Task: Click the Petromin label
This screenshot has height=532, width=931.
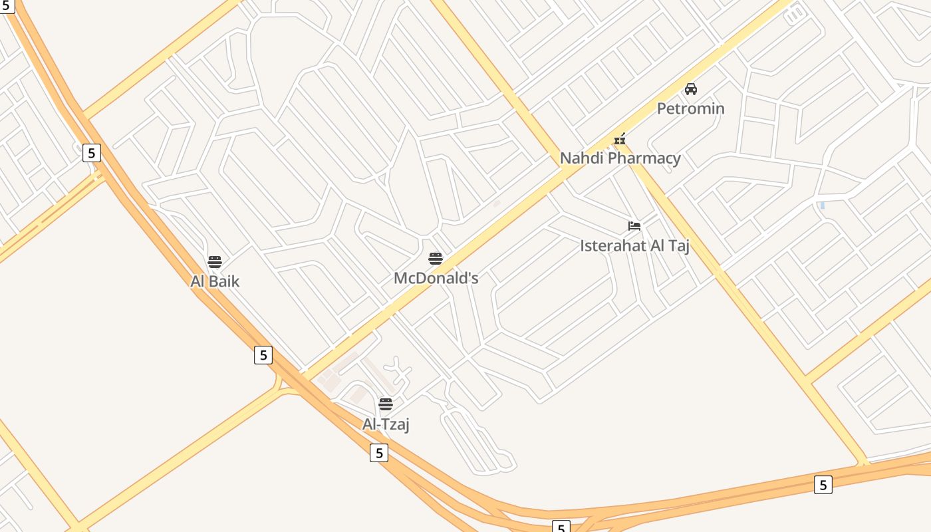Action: point(690,108)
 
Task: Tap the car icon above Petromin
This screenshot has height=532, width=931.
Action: point(691,89)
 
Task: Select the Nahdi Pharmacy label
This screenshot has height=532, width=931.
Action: point(620,158)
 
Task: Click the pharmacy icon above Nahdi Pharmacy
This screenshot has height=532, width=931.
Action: point(620,140)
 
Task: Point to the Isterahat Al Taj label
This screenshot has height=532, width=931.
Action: point(634,245)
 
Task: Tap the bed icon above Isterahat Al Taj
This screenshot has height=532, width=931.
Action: point(634,226)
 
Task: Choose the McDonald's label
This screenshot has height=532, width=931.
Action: point(436,278)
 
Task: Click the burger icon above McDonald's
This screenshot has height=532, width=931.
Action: point(436,259)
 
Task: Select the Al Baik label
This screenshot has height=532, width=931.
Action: point(215,281)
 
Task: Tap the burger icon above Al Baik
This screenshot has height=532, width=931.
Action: point(215,262)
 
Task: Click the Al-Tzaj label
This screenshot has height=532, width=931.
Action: point(386,424)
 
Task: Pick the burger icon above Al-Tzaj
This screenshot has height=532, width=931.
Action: point(386,404)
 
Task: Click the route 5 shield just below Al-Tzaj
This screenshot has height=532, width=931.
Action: point(379,453)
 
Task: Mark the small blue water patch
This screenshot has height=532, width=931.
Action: point(823,205)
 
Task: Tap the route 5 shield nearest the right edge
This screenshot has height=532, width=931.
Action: point(823,485)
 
